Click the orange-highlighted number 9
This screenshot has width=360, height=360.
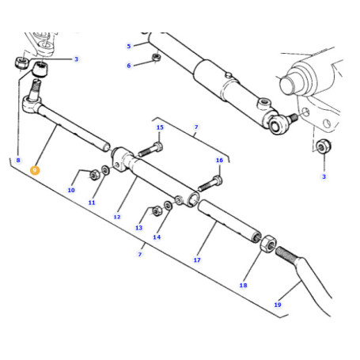coord(35,170)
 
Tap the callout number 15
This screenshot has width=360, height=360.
coord(160,127)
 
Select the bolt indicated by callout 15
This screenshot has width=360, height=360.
coord(150,150)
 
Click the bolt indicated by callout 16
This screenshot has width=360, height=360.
coord(210,184)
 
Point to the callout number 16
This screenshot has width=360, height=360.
coord(219,160)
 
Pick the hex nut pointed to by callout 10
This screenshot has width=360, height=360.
coord(94,175)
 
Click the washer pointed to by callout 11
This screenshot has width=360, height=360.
coord(106,170)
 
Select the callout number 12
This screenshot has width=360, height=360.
coord(117,217)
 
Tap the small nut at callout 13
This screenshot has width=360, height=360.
coord(157,210)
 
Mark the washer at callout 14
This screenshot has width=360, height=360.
coord(168,206)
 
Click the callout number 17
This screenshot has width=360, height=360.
coord(197,260)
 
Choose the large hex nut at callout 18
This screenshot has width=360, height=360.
coord(268,244)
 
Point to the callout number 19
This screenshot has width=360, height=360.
coord(278,305)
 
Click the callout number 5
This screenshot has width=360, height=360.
coord(129,46)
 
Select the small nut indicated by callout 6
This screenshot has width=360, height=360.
coord(157,57)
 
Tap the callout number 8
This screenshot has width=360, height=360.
coord(18,160)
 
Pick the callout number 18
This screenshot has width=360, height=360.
coord(243,285)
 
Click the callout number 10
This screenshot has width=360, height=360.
coord(71,190)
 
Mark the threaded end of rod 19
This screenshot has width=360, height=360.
coord(286,255)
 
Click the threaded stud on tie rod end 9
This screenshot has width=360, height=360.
coord(36,89)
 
